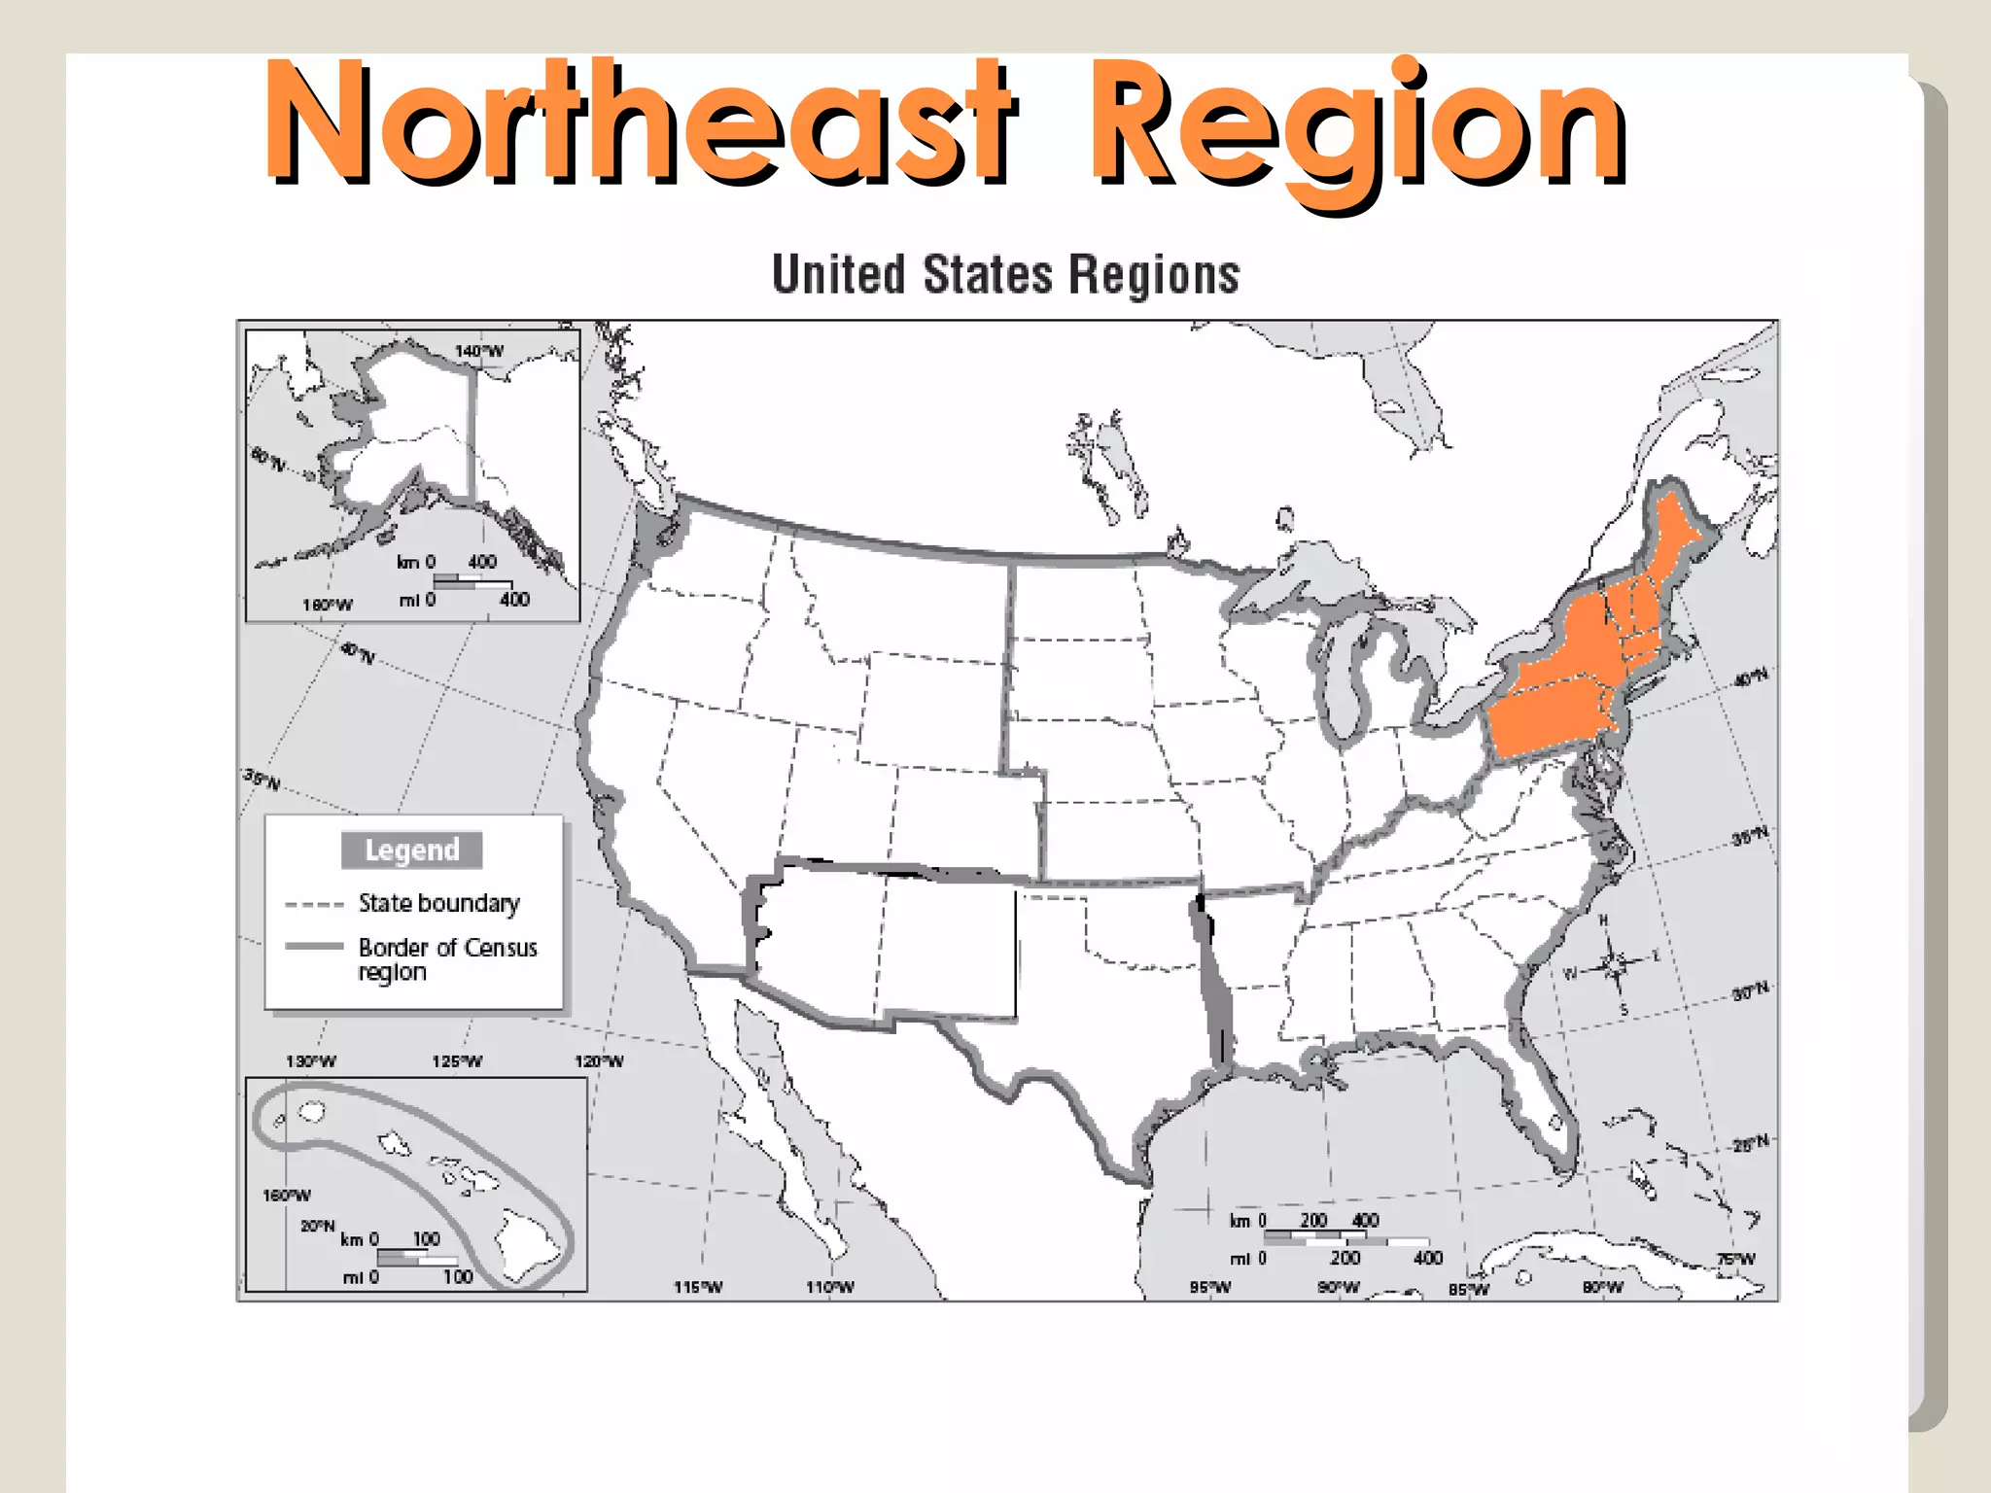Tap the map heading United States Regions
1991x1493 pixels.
[1005, 274]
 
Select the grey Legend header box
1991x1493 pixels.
[411, 851]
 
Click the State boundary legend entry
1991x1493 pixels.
[437, 903]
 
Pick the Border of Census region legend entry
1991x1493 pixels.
[446, 958]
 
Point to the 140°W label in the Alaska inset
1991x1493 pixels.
[479, 351]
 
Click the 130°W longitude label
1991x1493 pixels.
[310, 1061]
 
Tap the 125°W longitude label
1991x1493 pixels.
[456, 1061]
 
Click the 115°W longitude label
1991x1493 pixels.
[698, 1287]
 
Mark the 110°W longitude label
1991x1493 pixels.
[829, 1287]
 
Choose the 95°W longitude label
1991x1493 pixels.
[1210, 1287]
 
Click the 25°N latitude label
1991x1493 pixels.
[1750, 1143]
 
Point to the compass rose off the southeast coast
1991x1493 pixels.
[1615, 964]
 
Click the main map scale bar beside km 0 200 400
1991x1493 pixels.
[1345, 1238]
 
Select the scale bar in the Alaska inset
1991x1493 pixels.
[472, 581]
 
